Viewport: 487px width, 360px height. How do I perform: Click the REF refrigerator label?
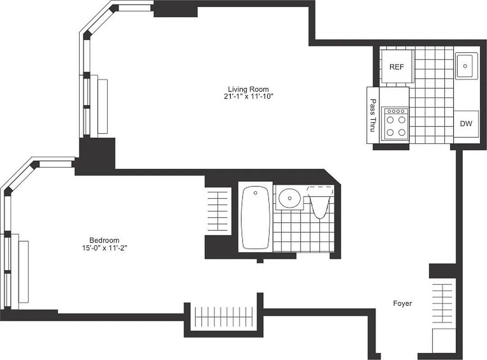click(x=397, y=67)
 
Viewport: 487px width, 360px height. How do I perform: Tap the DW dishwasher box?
click(x=466, y=123)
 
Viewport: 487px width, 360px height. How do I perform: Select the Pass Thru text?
click(x=373, y=115)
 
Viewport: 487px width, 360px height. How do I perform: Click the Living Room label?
click(x=248, y=89)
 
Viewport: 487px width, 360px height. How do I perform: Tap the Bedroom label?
click(x=104, y=240)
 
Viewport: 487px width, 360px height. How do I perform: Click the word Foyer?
click(x=402, y=304)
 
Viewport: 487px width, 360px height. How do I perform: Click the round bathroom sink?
click(x=289, y=198)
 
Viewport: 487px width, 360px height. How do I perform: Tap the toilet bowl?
click(x=320, y=205)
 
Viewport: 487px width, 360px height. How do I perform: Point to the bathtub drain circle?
click(x=255, y=193)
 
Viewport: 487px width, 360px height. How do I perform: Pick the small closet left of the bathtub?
click(x=218, y=211)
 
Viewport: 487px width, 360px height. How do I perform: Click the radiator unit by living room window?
click(x=103, y=107)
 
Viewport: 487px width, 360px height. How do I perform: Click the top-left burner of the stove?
click(x=390, y=120)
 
